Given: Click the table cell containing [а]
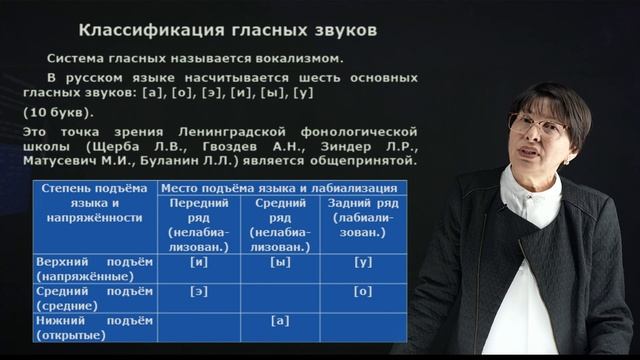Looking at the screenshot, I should (x=280, y=322).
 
